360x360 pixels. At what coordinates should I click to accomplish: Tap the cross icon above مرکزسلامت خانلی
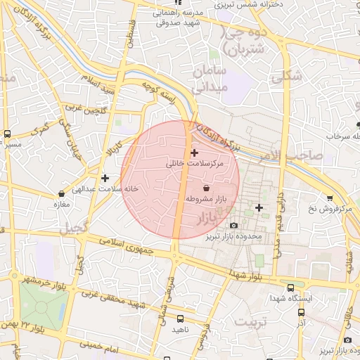click(194, 152)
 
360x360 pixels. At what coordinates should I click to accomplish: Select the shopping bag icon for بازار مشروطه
click(205, 188)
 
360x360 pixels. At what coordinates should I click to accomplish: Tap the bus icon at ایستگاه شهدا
click(292, 287)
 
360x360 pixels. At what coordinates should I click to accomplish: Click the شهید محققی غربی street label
click(124, 303)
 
